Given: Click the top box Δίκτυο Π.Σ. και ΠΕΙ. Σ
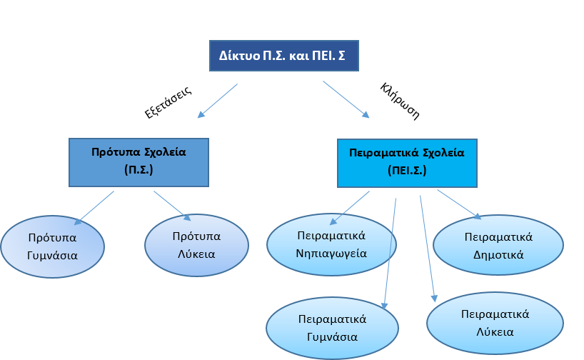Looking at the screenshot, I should tap(283, 55).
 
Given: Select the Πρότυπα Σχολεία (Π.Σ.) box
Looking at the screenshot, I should tap(139, 161).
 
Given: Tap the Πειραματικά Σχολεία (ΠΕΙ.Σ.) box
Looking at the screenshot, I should tap(406, 162).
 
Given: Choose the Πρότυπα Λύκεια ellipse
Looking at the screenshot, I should tap(196, 245).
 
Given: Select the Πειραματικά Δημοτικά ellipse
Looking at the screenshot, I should tap(498, 244).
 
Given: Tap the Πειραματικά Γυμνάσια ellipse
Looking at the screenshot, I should tap(332, 327).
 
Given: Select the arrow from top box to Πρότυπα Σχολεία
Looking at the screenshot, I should tap(218, 100).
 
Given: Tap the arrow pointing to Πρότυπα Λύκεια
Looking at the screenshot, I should tap(172, 206).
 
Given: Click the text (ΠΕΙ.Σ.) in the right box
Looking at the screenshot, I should tap(406, 172).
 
